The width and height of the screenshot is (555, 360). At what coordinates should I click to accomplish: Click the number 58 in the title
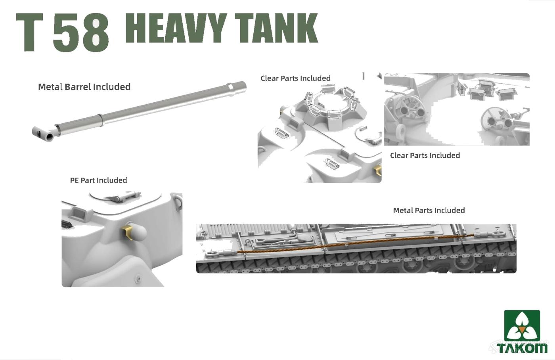[81, 33]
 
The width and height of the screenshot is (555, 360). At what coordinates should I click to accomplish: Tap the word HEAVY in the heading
[176, 28]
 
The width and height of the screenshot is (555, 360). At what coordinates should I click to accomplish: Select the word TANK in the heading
[276, 28]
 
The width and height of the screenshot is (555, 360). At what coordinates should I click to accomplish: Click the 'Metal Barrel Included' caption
[84, 87]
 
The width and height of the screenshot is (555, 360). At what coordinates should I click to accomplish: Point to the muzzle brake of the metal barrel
[43, 133]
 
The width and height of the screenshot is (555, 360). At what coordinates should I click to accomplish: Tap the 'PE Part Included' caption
[98, 180]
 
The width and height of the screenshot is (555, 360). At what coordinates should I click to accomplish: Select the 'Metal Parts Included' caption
[429, 211]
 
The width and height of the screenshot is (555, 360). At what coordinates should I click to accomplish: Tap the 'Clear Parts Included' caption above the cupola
[296, 78]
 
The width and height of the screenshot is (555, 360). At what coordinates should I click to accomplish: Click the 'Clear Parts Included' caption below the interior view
[425, 155]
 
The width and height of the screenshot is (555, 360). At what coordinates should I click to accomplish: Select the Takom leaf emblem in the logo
[522, 326]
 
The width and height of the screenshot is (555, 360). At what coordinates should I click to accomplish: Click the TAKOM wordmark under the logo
[522, 348]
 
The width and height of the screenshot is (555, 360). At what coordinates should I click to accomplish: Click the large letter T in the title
[30, 33]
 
